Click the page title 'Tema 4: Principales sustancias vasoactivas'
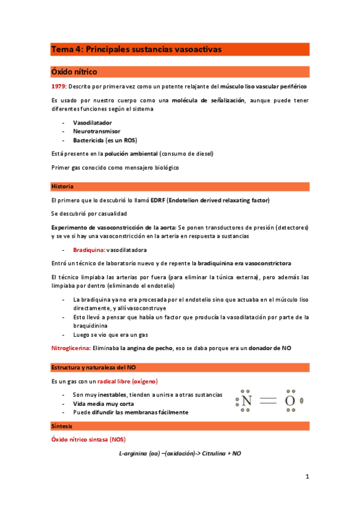136,49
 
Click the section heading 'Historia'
62,186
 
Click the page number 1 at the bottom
307,477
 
